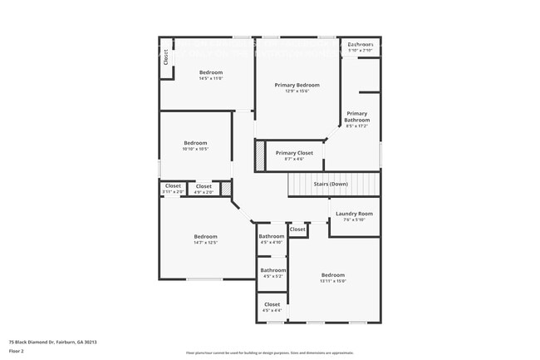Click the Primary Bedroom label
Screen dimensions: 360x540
(x=297, y=85)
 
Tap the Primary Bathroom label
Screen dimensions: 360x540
(x=357, y=116)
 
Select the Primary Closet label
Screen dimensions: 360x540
(x=294, y=153)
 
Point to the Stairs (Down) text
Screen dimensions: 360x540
(x=331, y=184)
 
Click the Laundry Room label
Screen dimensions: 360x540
(x=354, y=214)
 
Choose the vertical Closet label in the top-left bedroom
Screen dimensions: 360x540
(x=165, y=57)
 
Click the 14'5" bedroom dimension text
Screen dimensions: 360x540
(x=211, y=79)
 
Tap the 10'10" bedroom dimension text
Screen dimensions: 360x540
(x=195, y=150)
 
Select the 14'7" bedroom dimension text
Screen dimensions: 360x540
(x=205, y=243)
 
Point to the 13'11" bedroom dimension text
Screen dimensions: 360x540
(x=332, y=281)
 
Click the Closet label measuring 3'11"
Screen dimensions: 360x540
(x=173, y=186)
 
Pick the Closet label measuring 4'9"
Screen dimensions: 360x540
(x=204, y=186)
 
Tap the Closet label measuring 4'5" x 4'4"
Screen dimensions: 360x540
(x=272, y=304)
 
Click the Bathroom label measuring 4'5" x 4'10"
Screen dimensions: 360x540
(x=272, y=237)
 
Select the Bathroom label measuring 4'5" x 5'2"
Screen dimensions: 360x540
(x=272, y=270)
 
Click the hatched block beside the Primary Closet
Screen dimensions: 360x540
(x=259, y=155)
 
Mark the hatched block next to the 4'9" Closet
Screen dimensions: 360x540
(x=225, y=189)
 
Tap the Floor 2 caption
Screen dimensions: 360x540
(x=17, y=350)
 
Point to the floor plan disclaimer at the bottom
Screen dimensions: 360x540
(x=269, y=353)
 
